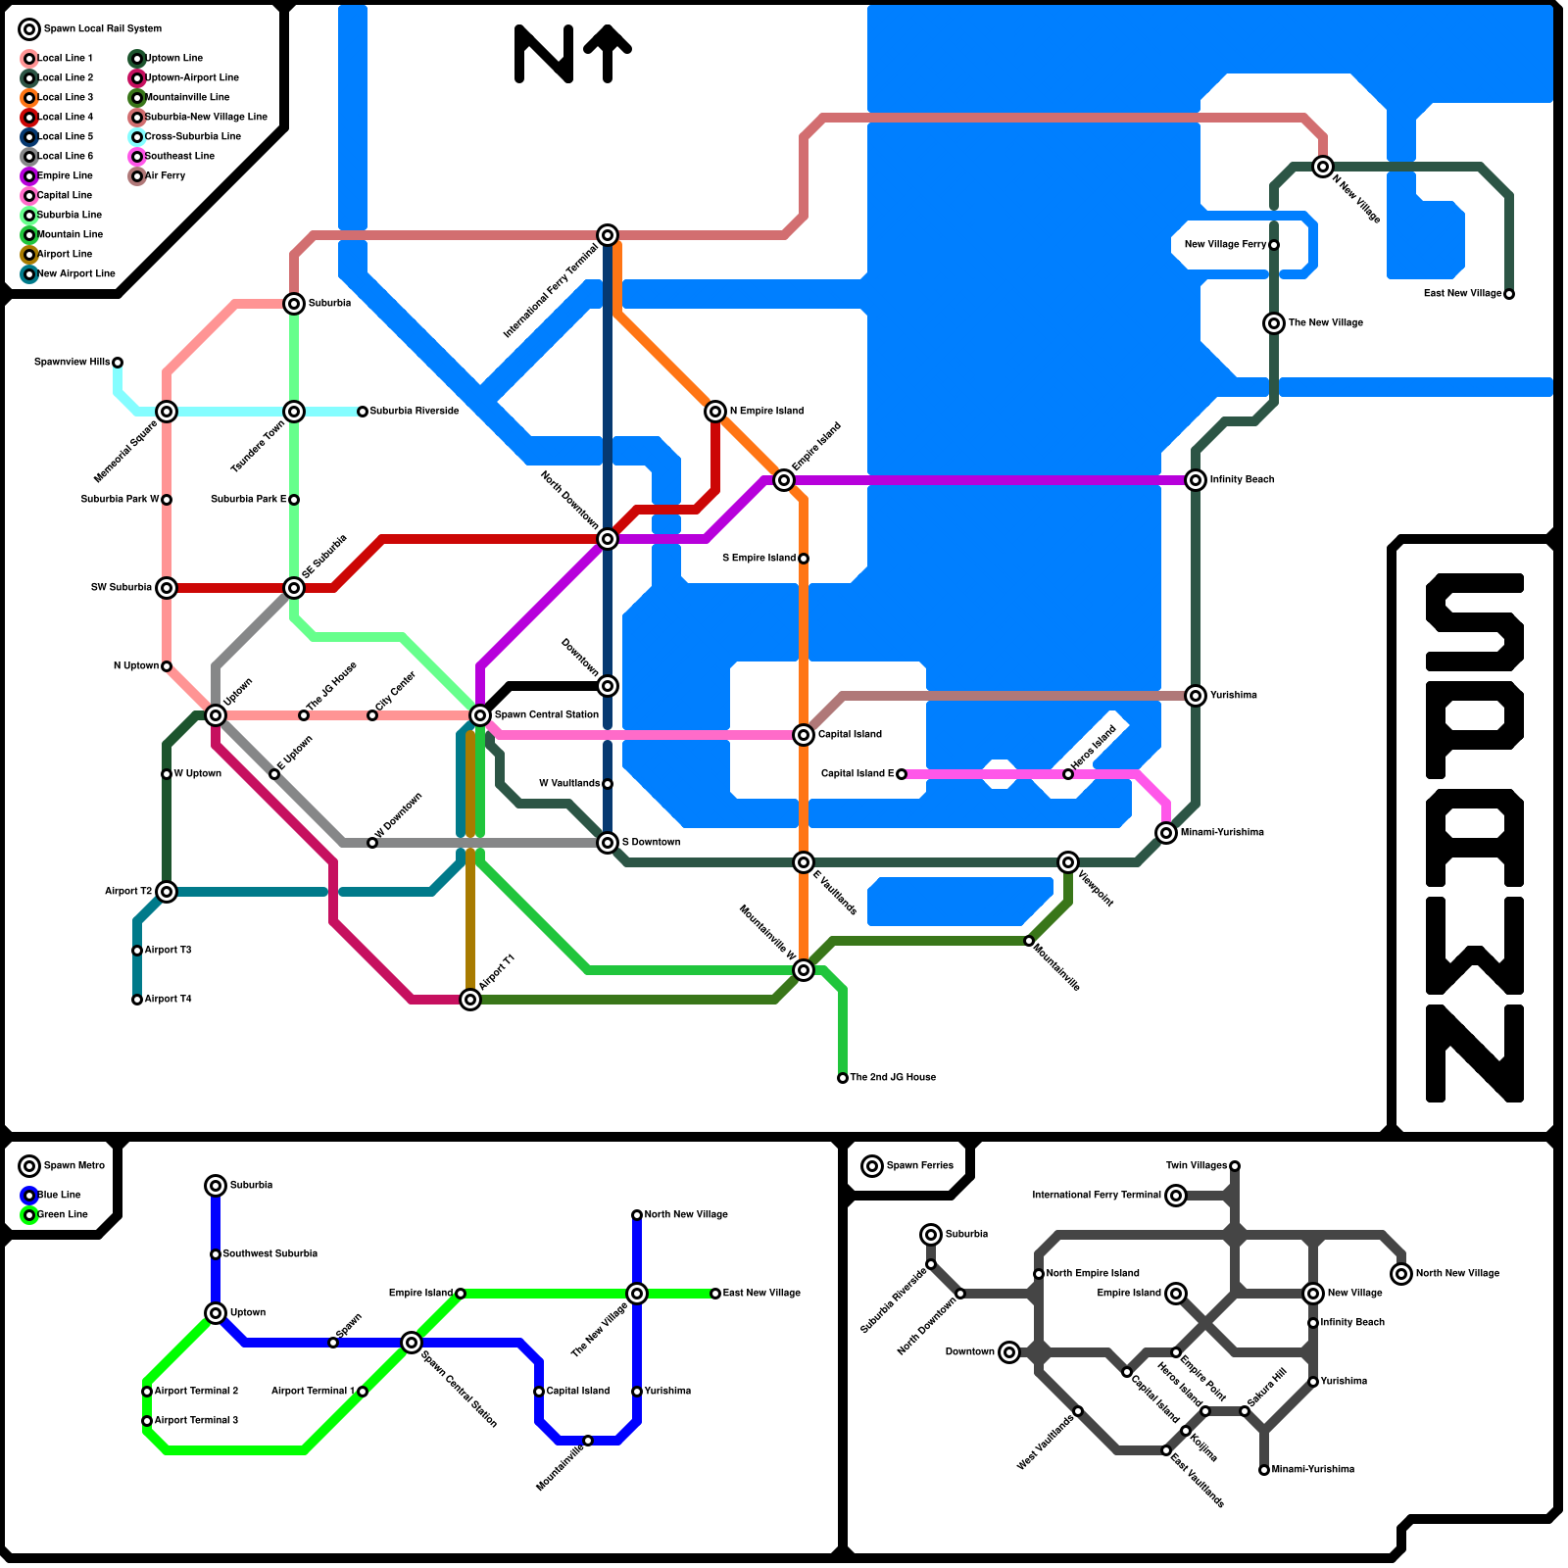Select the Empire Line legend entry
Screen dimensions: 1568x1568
click(65, 175)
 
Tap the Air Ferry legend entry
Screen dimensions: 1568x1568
click(165, 175)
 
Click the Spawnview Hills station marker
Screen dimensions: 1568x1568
click(118, 363)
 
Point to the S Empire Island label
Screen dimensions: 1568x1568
click(759, 559)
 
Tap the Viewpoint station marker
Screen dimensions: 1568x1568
click(1068, 862)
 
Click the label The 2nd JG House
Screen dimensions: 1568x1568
click(892, 1077)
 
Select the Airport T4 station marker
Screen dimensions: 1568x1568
click(137, 1000)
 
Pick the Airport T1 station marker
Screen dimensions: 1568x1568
click(470, 1000)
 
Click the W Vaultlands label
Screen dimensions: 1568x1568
click(568, 784)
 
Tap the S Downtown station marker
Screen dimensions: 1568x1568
click(608, 843)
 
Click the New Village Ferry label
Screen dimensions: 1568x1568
click(1225, 245)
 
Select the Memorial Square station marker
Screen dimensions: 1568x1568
click(167, 412)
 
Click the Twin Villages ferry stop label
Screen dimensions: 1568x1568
click(1196, 1166)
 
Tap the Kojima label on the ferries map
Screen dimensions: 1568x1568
click(1203, 1446)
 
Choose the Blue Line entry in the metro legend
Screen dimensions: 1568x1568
click(59, 1195)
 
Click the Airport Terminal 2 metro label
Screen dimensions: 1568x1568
click(196, 1391)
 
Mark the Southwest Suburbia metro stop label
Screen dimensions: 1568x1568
click(269, 1253)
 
